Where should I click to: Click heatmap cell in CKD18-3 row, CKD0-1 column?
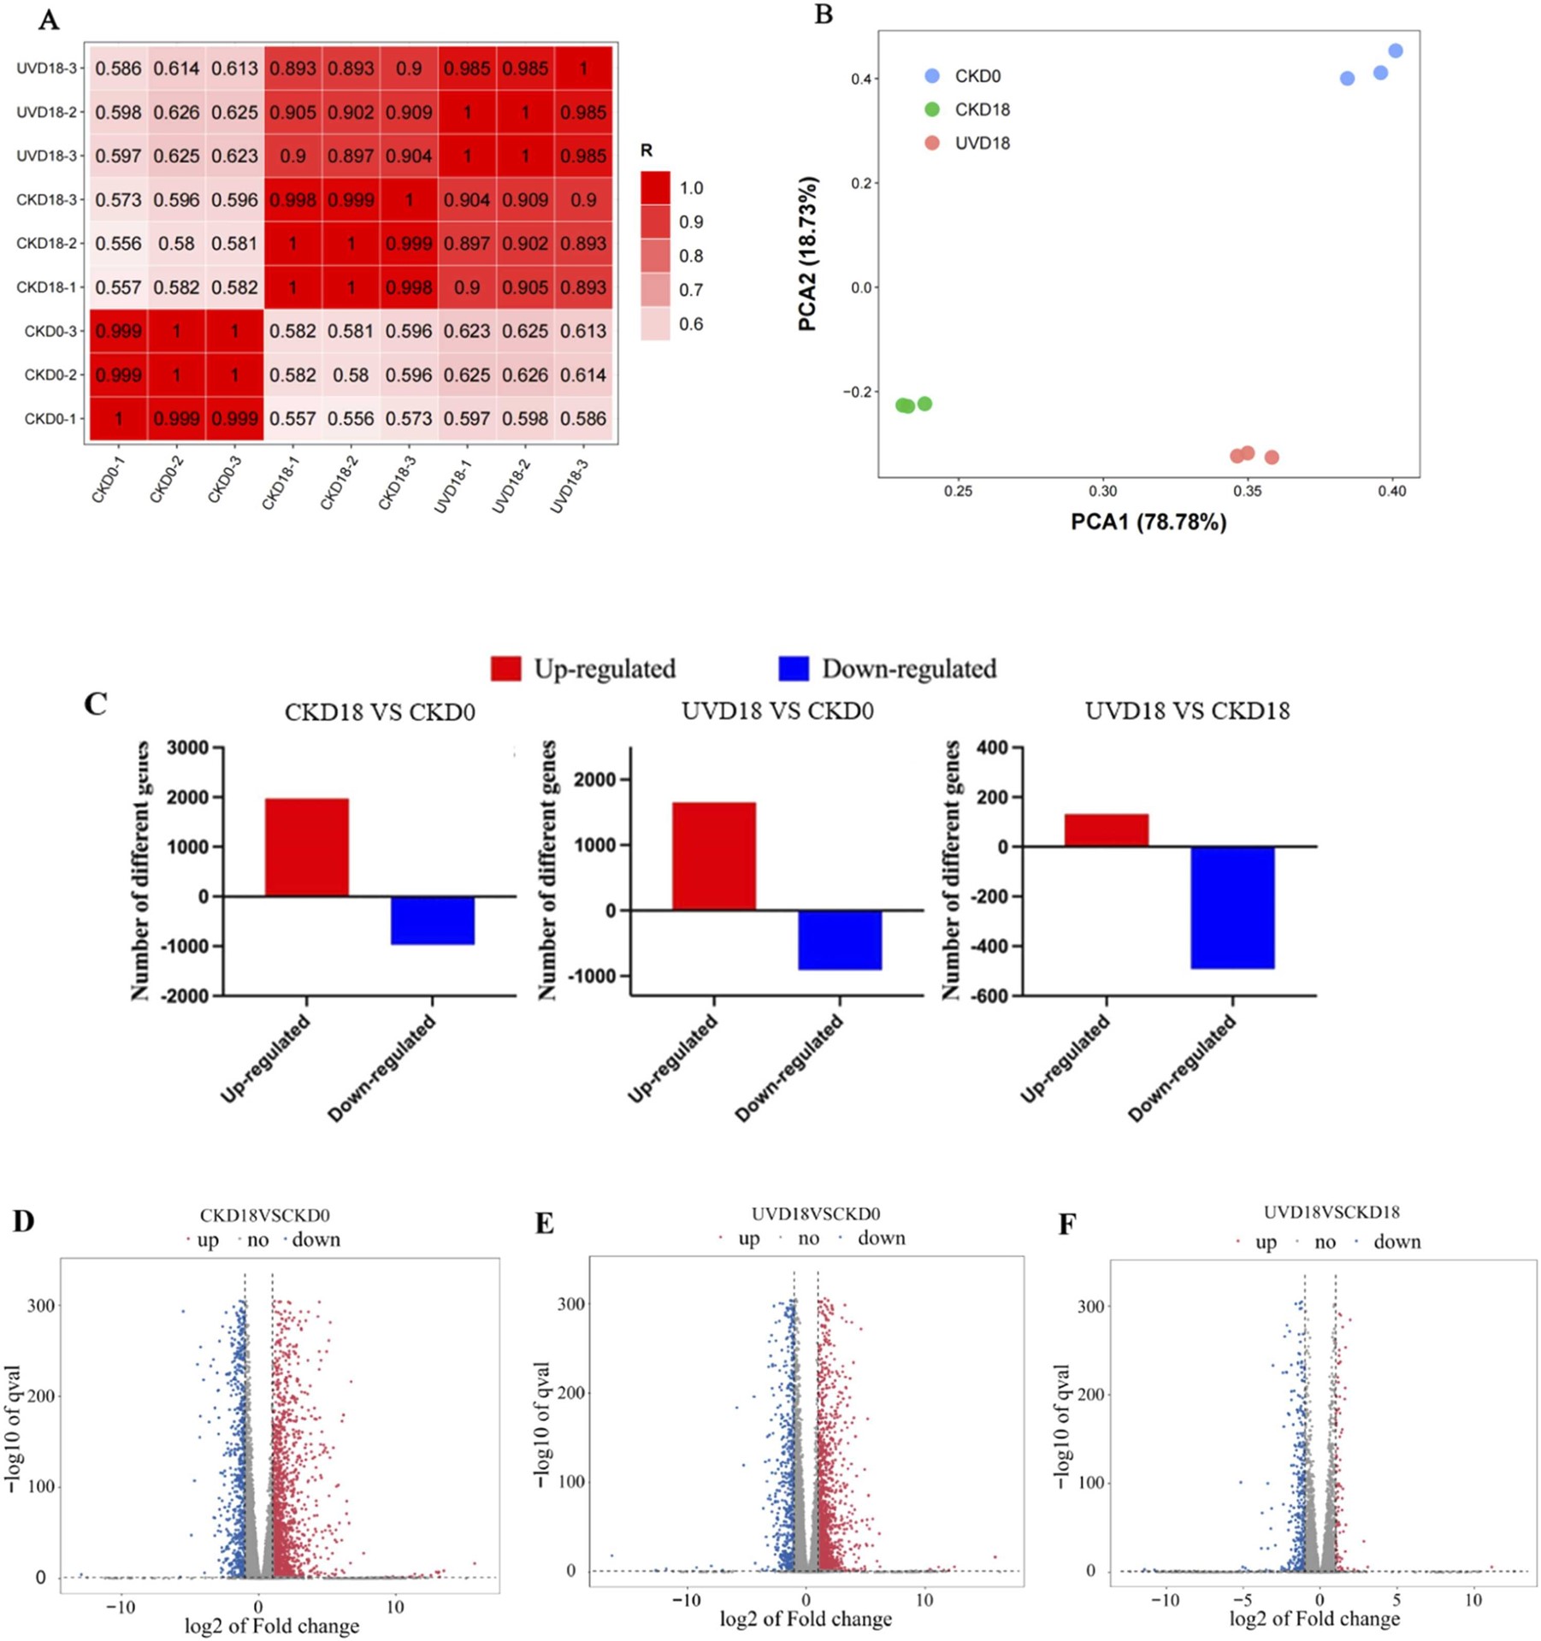pyautogui.click(x=118, y=199)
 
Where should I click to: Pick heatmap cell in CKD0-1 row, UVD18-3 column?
pyautogui.click(x=583, y=418)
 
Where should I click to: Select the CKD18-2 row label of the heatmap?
pyautogui.click(x=46, y=244)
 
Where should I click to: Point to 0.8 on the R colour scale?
pyautogui.click(x=691, y=256)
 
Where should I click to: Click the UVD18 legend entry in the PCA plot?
pyautogui.click(x=982, y=144)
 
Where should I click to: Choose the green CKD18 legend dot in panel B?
pyautogui.click(x=932, y=109)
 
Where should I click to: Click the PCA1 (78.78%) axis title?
pyautogui.click(x=1148, y=521)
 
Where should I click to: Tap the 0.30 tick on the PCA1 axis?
pyautogui.click(x=1102, y=492)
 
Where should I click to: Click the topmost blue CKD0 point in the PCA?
pyautogui.click(x=1395, y=51)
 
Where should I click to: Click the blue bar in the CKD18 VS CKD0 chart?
pyautogui.click(x=433, y=920)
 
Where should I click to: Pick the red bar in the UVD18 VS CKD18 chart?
pyautogui.click(x=1106, y=830)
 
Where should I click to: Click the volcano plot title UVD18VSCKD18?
pyautogui.click(x=1331, y=1212)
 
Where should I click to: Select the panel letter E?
pyautogui.click(x=544, y=1224)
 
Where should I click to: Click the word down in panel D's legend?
pyautogui.click(x=316, y=1240)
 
